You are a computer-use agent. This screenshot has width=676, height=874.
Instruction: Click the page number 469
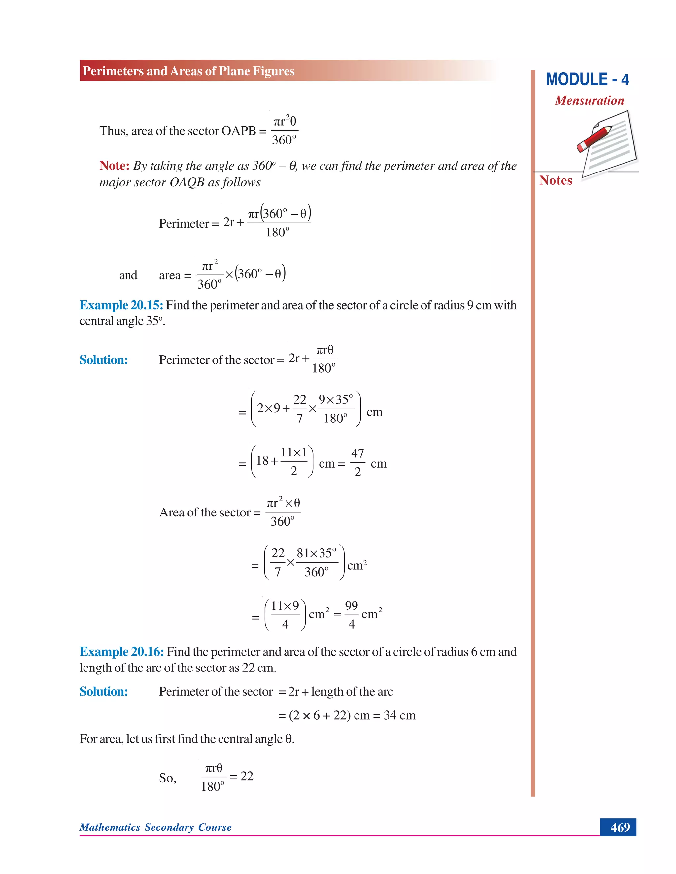coord(620,827)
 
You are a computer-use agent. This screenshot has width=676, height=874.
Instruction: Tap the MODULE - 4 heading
coord(587,79)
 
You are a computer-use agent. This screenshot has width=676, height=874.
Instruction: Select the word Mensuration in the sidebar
coord(589,101)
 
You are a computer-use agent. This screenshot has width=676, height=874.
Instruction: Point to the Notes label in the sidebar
coord(556,180)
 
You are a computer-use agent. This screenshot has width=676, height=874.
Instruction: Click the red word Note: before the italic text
coord(114,166)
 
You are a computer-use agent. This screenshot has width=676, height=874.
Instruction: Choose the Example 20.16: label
coord(122,652)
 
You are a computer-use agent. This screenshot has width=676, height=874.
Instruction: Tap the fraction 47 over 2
coord(357,463)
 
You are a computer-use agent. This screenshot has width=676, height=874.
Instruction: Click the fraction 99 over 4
coord(351,615)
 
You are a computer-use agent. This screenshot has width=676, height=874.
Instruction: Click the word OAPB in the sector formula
coord(239,131)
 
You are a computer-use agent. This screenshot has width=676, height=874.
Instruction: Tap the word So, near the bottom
coord(167,778)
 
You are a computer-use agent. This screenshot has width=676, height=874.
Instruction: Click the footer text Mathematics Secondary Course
coord(155,827)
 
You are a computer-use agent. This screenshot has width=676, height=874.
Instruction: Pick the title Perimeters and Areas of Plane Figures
coord(188,71)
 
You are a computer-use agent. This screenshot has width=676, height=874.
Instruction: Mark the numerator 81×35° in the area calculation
coord(316,553)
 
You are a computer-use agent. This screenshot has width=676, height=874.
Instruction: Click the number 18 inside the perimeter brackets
coord(262,461)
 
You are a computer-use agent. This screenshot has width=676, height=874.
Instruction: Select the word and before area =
coord(128,275)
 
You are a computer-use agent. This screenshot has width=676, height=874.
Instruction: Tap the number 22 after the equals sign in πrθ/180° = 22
coord(247,776)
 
